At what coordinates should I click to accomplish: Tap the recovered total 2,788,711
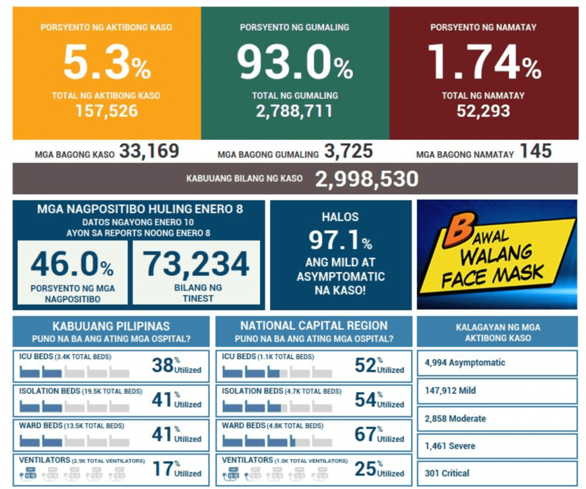point(295,111)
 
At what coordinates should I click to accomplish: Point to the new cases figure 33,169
point(149,152)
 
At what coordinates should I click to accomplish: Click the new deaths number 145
point(536,152)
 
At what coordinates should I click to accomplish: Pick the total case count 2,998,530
point(366,179)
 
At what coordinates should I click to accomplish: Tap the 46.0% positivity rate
point(72,265)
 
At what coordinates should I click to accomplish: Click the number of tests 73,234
point(196,265)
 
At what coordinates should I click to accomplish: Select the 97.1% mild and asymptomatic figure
point(340,241)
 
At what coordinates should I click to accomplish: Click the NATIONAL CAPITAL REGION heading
point(314,326)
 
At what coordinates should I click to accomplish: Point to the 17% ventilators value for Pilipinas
point(163,469)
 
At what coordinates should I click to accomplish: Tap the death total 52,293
point(484,111)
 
